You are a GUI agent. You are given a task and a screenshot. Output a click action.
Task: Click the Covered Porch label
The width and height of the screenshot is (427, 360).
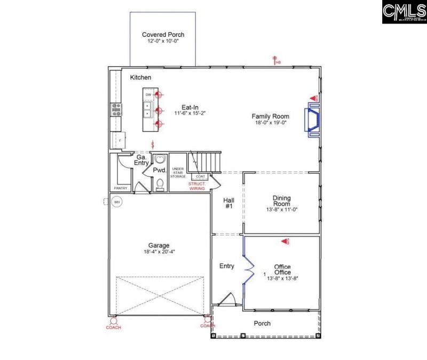(163, 35)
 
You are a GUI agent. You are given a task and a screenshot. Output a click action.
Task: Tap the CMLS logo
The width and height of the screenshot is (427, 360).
(404, 12)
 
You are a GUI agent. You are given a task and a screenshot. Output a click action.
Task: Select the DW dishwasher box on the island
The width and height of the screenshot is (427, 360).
(148, 95)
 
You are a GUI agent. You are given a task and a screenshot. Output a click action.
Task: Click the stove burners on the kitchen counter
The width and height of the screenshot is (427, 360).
(116, 109)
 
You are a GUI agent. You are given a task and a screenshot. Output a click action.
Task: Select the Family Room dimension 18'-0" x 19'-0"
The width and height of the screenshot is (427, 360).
(271, 123)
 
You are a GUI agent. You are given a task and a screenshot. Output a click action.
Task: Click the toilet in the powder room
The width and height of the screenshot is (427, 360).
(160, 184)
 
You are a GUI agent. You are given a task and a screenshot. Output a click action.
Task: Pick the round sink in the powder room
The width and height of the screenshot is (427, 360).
(160, 161)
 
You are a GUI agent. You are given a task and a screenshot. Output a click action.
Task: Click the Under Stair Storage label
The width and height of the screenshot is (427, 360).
(178, 172)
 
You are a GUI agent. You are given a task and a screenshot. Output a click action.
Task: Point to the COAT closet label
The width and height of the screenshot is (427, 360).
(200, 177)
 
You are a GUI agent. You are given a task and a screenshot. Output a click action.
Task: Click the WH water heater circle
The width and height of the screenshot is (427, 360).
(116, 202)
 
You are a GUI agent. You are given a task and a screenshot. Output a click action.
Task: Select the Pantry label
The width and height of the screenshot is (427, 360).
(120, 188)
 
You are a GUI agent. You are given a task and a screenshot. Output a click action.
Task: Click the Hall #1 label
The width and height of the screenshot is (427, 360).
(228, 203)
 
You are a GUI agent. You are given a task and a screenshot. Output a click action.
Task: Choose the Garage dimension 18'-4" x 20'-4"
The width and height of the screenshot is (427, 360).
(159, 252)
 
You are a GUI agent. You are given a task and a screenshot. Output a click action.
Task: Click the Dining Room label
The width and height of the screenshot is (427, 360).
(281, 200)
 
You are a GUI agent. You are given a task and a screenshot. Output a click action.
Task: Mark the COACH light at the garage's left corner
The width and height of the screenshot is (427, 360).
(113, 322)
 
